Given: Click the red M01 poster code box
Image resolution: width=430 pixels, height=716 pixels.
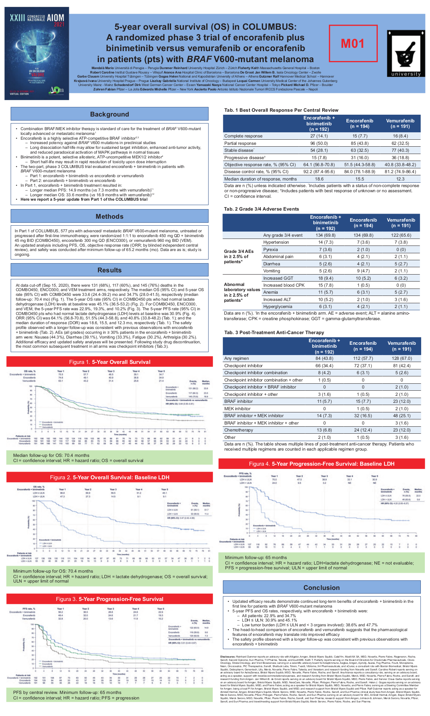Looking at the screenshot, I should [x=353, y=43].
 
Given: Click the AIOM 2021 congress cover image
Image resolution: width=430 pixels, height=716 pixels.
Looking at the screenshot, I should [x=37, y=53].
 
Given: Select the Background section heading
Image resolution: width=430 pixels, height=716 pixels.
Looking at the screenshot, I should [x=110, y=114].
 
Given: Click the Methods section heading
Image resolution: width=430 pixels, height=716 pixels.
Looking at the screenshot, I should [x=110, y=216].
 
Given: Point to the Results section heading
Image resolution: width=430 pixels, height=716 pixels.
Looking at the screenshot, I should [x=110, y=270].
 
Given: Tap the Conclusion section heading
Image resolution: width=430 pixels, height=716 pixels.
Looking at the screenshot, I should [x=321, y=588].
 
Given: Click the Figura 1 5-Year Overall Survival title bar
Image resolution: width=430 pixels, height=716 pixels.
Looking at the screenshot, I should [x=110, y=362].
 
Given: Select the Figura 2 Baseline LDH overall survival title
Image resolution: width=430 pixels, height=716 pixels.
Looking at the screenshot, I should [x=110, y=477].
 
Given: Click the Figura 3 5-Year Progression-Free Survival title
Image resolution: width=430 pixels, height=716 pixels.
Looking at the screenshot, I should [x=110, y=599].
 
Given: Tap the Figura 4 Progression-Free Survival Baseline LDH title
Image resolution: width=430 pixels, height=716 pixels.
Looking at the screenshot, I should [x=321, y=464].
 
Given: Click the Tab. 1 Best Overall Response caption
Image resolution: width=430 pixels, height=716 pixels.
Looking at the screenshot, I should [x=281, y=110].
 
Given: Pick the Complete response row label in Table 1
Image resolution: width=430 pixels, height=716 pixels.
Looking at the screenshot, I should [x=244, y=136].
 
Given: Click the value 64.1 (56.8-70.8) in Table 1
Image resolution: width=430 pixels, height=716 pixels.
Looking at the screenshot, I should [x=319, y=165].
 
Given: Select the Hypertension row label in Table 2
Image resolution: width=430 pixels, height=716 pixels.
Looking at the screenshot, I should [x=276, y=242].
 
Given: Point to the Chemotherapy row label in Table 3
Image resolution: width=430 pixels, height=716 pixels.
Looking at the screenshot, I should [x=239, y=430].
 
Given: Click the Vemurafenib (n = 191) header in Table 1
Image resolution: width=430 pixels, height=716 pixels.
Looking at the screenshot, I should [x=400, y=123].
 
